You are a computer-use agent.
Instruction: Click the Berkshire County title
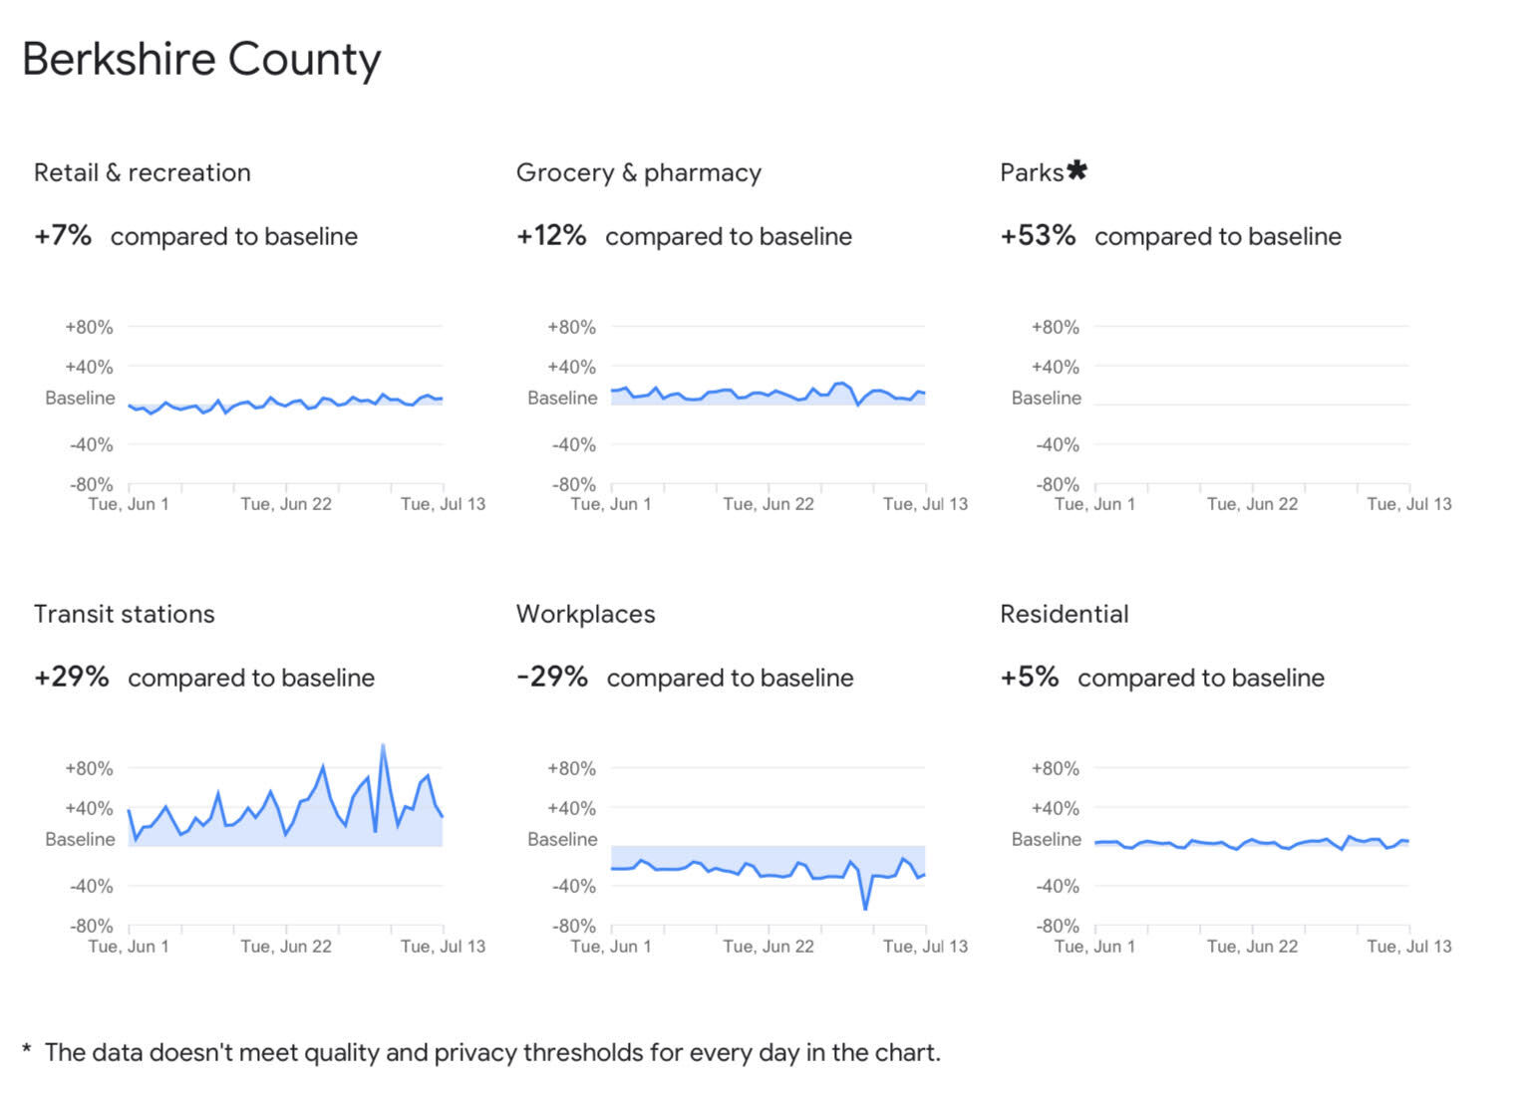(201, 60)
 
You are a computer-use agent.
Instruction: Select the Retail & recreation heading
(142, 173)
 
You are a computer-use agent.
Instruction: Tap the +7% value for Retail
(63, 236)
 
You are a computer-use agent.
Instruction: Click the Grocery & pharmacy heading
(638, 173)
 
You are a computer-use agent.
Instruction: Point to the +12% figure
(551, 236)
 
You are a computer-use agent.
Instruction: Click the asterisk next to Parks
(1076, 170)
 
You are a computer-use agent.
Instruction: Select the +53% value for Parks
(1038, 236)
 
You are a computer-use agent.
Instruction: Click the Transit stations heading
(124, 615)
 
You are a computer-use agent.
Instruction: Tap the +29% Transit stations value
(71, 678)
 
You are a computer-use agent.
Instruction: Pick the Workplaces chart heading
(585, 615)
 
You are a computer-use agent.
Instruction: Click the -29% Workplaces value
(552, 678)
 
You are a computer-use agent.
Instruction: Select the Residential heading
(1064, 615)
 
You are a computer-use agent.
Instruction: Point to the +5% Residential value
(1029, 678)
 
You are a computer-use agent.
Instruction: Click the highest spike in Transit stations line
(383, 746)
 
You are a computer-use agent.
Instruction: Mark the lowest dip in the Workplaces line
(865, 908)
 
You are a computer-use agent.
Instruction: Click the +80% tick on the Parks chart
(1055, 328)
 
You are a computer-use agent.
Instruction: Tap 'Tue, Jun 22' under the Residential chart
(1252, 947)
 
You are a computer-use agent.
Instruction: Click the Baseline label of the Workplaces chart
(562, 840)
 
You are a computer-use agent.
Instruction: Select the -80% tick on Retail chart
(91, 485)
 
